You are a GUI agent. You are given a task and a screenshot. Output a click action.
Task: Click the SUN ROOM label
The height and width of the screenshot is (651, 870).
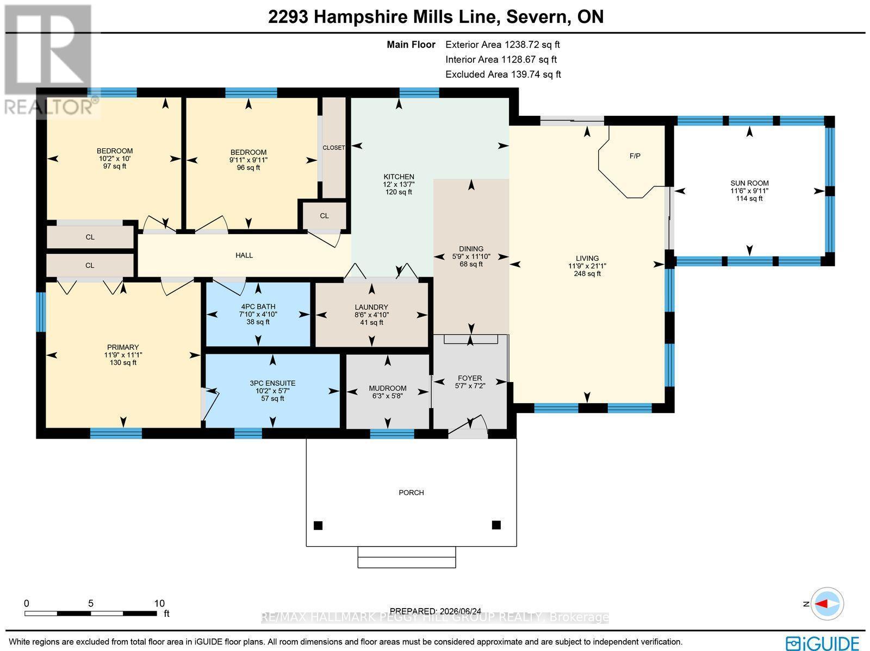(x=749, y=183)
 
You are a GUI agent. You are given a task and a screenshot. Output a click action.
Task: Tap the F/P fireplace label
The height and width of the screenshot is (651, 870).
(x=635, y=156)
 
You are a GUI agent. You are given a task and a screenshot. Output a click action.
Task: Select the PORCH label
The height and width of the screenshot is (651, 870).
(x=411, y=493)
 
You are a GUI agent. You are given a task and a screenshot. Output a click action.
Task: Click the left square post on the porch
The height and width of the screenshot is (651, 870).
(x=318, y=525)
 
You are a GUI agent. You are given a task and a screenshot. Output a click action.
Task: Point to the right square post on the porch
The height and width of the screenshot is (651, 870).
(x=496, y=525)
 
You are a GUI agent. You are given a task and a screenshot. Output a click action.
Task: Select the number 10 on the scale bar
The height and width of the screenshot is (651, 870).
(x=159, y=603)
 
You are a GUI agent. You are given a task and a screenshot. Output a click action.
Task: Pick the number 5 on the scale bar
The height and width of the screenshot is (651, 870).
(x=91, y=603)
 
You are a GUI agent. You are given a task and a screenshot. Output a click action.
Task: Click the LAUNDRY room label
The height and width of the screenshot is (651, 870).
(x=371, y=307)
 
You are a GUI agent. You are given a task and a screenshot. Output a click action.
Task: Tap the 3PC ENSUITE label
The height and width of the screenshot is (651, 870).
(x=272, y=383)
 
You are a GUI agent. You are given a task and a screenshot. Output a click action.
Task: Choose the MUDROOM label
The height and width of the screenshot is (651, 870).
(x=388, y=389)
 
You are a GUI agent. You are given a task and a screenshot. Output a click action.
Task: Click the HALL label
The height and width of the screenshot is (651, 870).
(x=244, y=255)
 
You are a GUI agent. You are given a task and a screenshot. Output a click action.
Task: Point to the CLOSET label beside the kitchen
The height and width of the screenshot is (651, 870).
(x=334, y=148)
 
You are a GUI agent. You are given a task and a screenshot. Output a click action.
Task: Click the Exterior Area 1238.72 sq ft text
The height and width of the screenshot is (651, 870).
(x=502, y=45)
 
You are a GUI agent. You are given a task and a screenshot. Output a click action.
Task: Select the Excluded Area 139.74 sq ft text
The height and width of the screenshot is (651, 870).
(x=503, y=74)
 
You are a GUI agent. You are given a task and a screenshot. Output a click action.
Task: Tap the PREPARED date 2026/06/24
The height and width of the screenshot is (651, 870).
(x=435, y=611)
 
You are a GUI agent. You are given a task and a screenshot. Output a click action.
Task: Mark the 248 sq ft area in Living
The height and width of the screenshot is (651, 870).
(x=587, y=274)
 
